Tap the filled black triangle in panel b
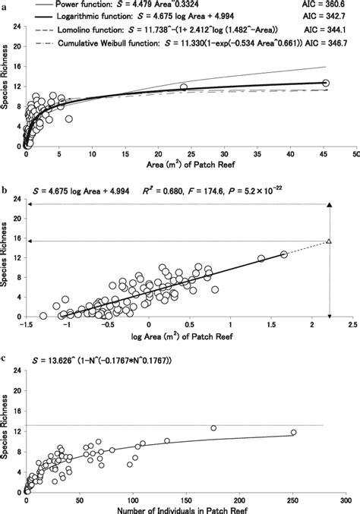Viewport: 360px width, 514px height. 329,205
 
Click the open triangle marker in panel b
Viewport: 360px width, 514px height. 329,241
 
